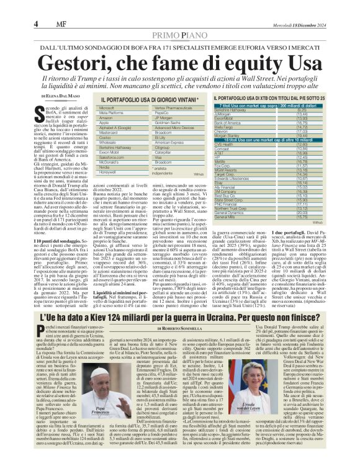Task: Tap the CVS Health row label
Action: pos(239,145)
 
